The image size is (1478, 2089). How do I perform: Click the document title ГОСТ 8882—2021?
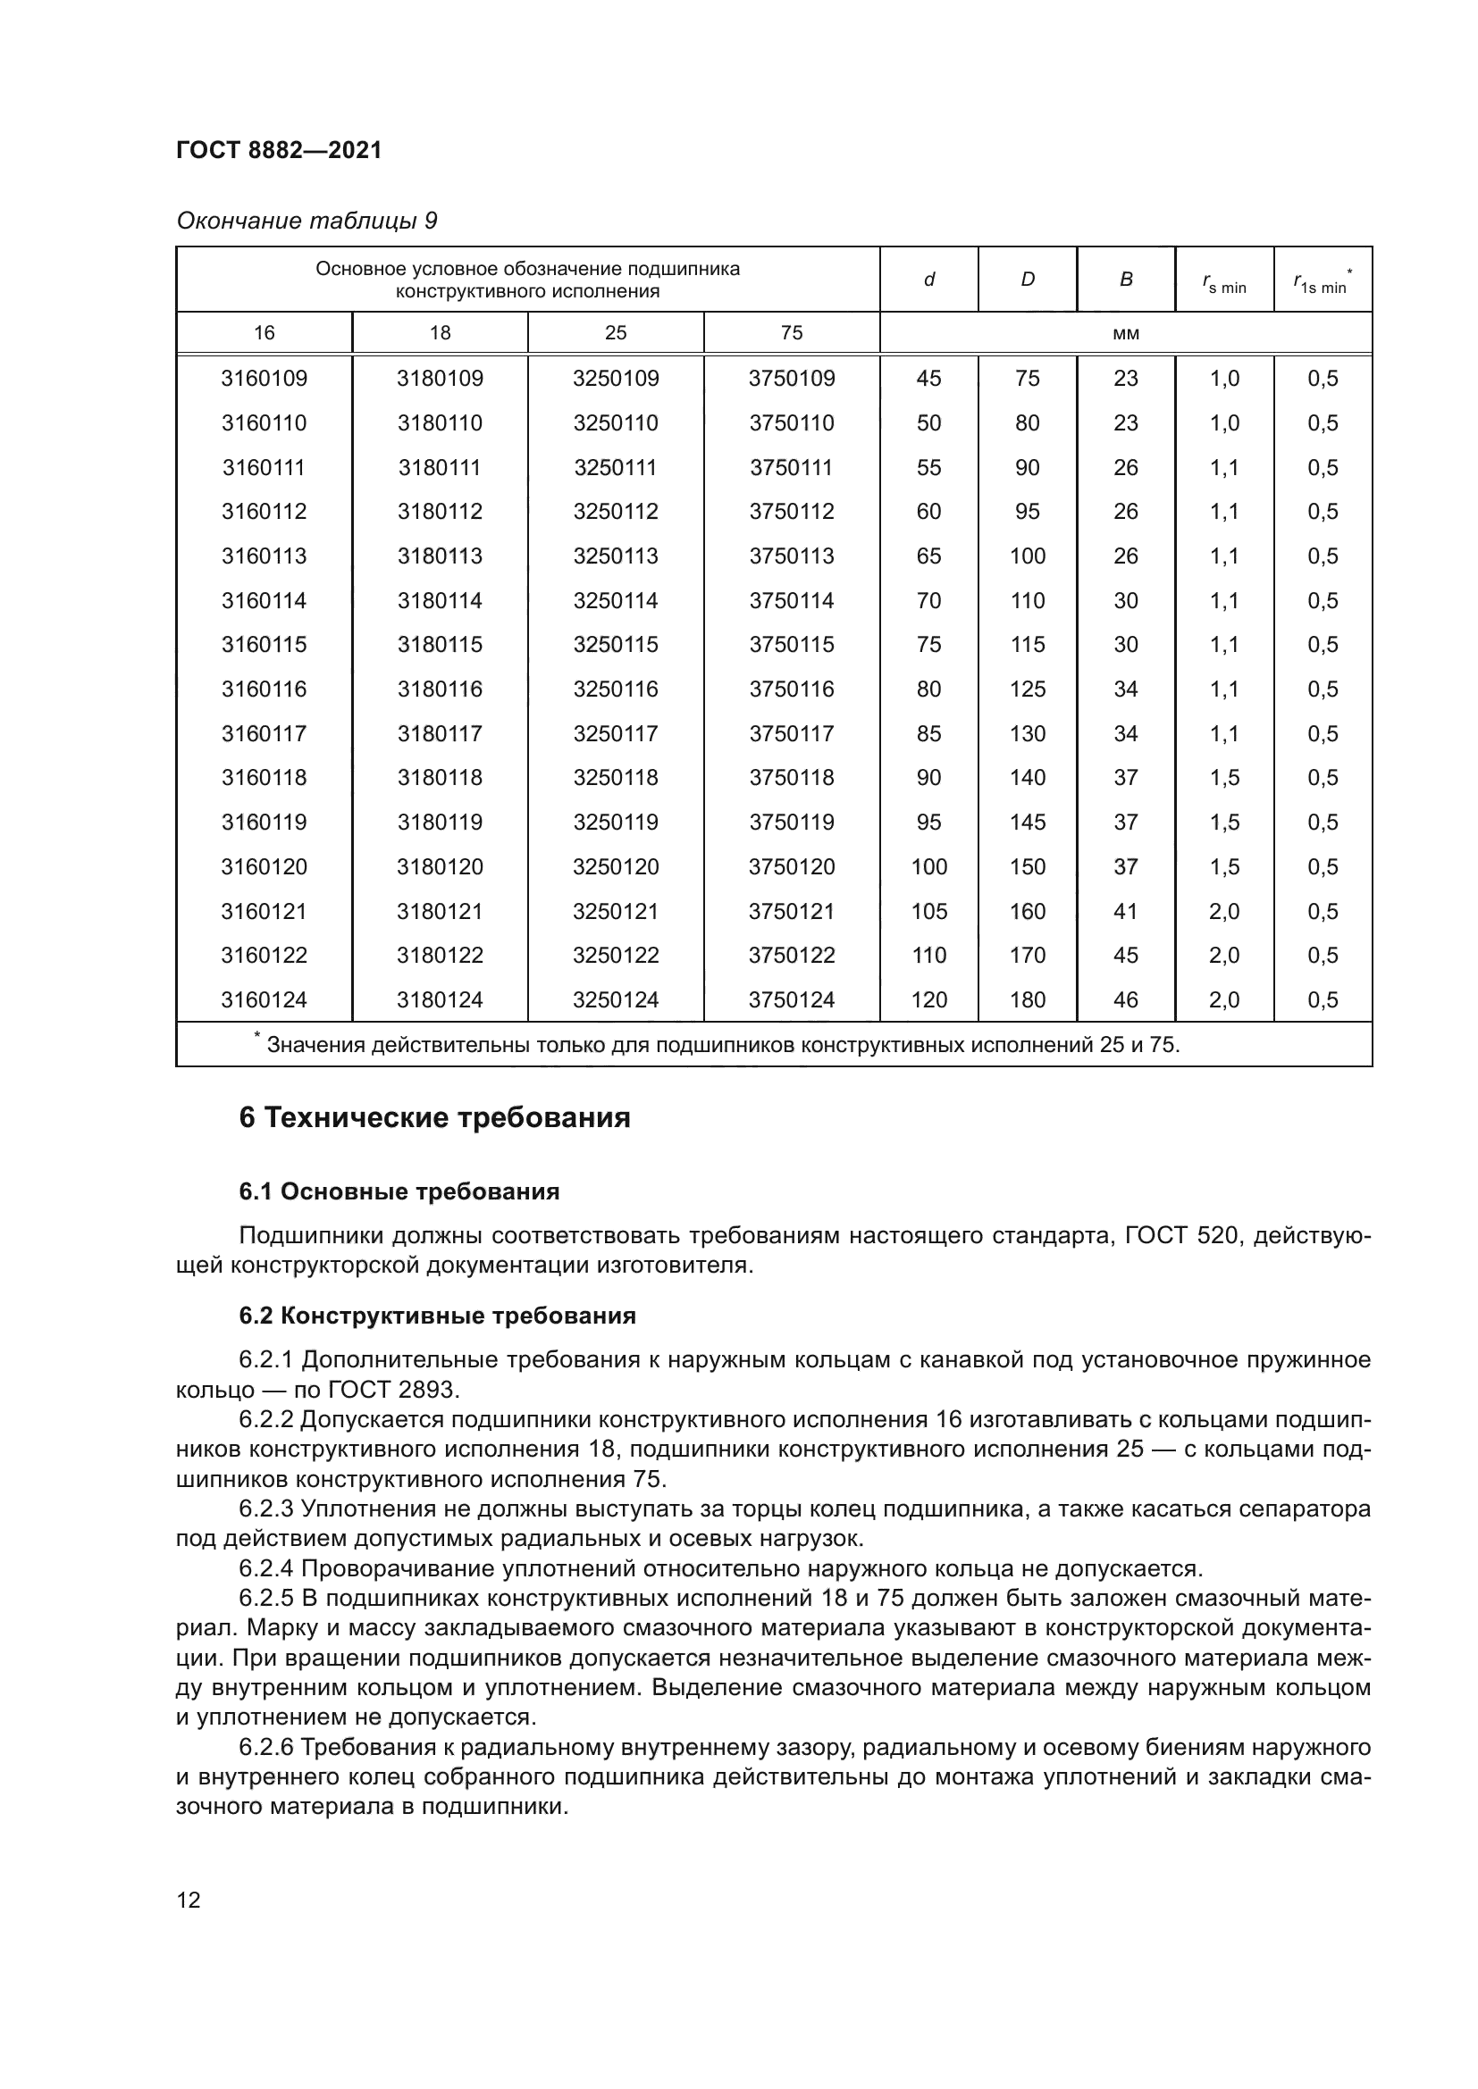[x=279, y=150]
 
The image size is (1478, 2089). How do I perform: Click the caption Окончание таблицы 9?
[x=307, y=221]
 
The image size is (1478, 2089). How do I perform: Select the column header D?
[x=1027, y=280]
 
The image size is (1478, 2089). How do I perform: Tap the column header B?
[x=1126, y=280]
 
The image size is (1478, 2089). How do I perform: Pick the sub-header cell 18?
[x=440, y=333]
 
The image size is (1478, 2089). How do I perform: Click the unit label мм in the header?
[x=1125, y=333]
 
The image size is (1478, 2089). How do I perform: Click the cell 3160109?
[x=264, y=379]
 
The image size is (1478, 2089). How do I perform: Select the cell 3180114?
[x=440, y=600]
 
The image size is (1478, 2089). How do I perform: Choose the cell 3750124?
[x=791, y=1000]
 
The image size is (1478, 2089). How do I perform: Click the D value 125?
[x=1027, y=689]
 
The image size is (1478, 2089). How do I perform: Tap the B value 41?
[x=1126, y=912]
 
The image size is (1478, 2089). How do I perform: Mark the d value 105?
[x=928, y=912]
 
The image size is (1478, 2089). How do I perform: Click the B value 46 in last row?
[x=1126, y=1000]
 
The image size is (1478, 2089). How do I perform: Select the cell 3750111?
[x=791, y=468]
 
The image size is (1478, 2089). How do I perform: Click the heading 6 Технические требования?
[x=434, y=1117]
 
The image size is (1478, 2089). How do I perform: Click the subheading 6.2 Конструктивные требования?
[x=437, y=1316]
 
